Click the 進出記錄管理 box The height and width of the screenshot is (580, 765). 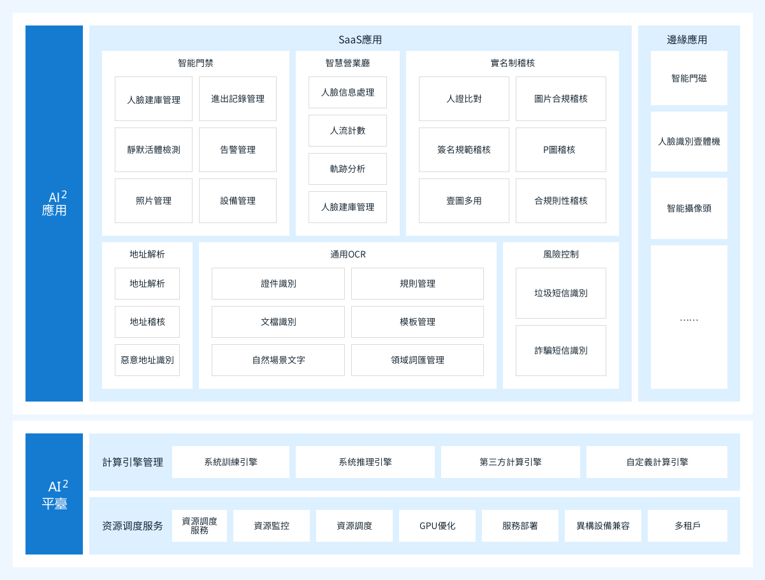pos(238,99)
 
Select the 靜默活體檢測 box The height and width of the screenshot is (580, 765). pos(154,150)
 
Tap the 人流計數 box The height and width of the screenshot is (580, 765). pos(347,131)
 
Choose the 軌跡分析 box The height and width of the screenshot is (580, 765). pos(347,169)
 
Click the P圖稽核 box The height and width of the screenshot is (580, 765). pos(561,150)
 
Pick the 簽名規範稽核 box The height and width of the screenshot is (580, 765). pos(464,150)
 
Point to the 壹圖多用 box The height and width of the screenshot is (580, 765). pos(464,201)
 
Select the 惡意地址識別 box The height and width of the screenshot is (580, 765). pos(147,360)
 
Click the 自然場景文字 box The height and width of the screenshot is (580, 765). pos(278,360)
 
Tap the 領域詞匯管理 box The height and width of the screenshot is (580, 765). pos(417,360)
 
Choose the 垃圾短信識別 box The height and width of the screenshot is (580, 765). pos(561,293)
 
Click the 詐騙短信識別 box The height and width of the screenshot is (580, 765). pos(561,351)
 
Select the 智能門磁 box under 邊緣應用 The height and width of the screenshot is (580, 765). pos(689,78)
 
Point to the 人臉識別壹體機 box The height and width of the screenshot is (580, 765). pos(689,141)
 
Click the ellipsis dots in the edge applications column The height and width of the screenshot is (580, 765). pos(689,319)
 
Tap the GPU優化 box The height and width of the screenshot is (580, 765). pos(437,526)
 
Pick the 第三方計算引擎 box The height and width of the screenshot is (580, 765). pos(511,462)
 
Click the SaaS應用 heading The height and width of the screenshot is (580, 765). pos(360,40)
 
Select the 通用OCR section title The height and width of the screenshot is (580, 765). pos(348,254)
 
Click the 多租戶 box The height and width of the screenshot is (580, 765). pos(687,526)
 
